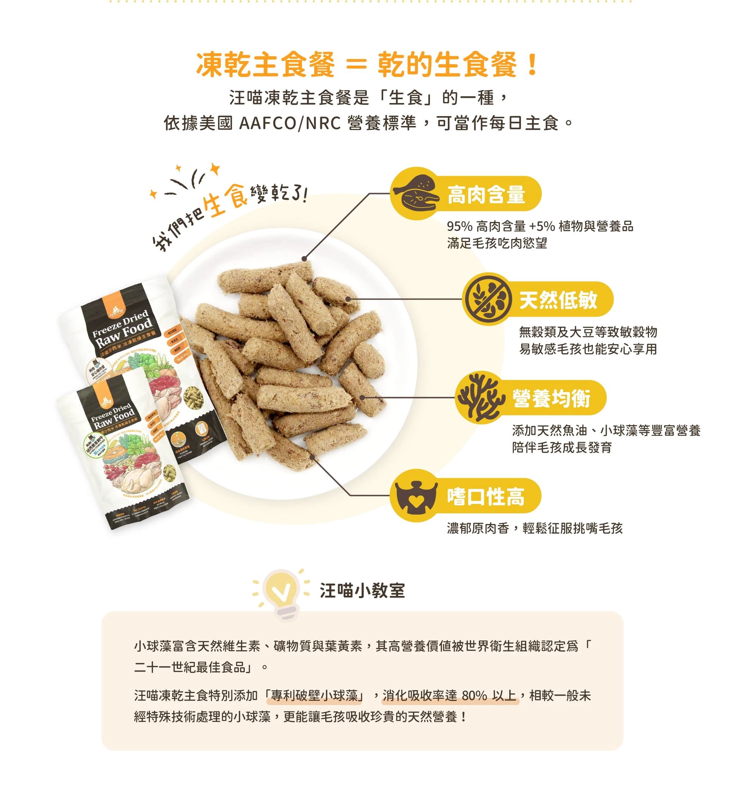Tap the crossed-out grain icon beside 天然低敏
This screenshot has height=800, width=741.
coord(487,299)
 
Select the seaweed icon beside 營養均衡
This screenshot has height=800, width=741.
coord(480,398)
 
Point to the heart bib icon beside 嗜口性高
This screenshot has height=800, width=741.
coord(415,496)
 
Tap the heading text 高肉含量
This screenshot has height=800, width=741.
coord(486,194)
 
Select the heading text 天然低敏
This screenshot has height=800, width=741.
coord(558,300)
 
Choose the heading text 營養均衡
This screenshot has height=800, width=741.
coord(551,398)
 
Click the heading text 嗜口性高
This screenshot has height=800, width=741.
coord(486,497)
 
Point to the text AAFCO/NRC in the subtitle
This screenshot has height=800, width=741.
coord(290,123)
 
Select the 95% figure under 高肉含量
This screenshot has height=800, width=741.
coord(460,227)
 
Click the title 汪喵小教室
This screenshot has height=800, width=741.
coord(362,591)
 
